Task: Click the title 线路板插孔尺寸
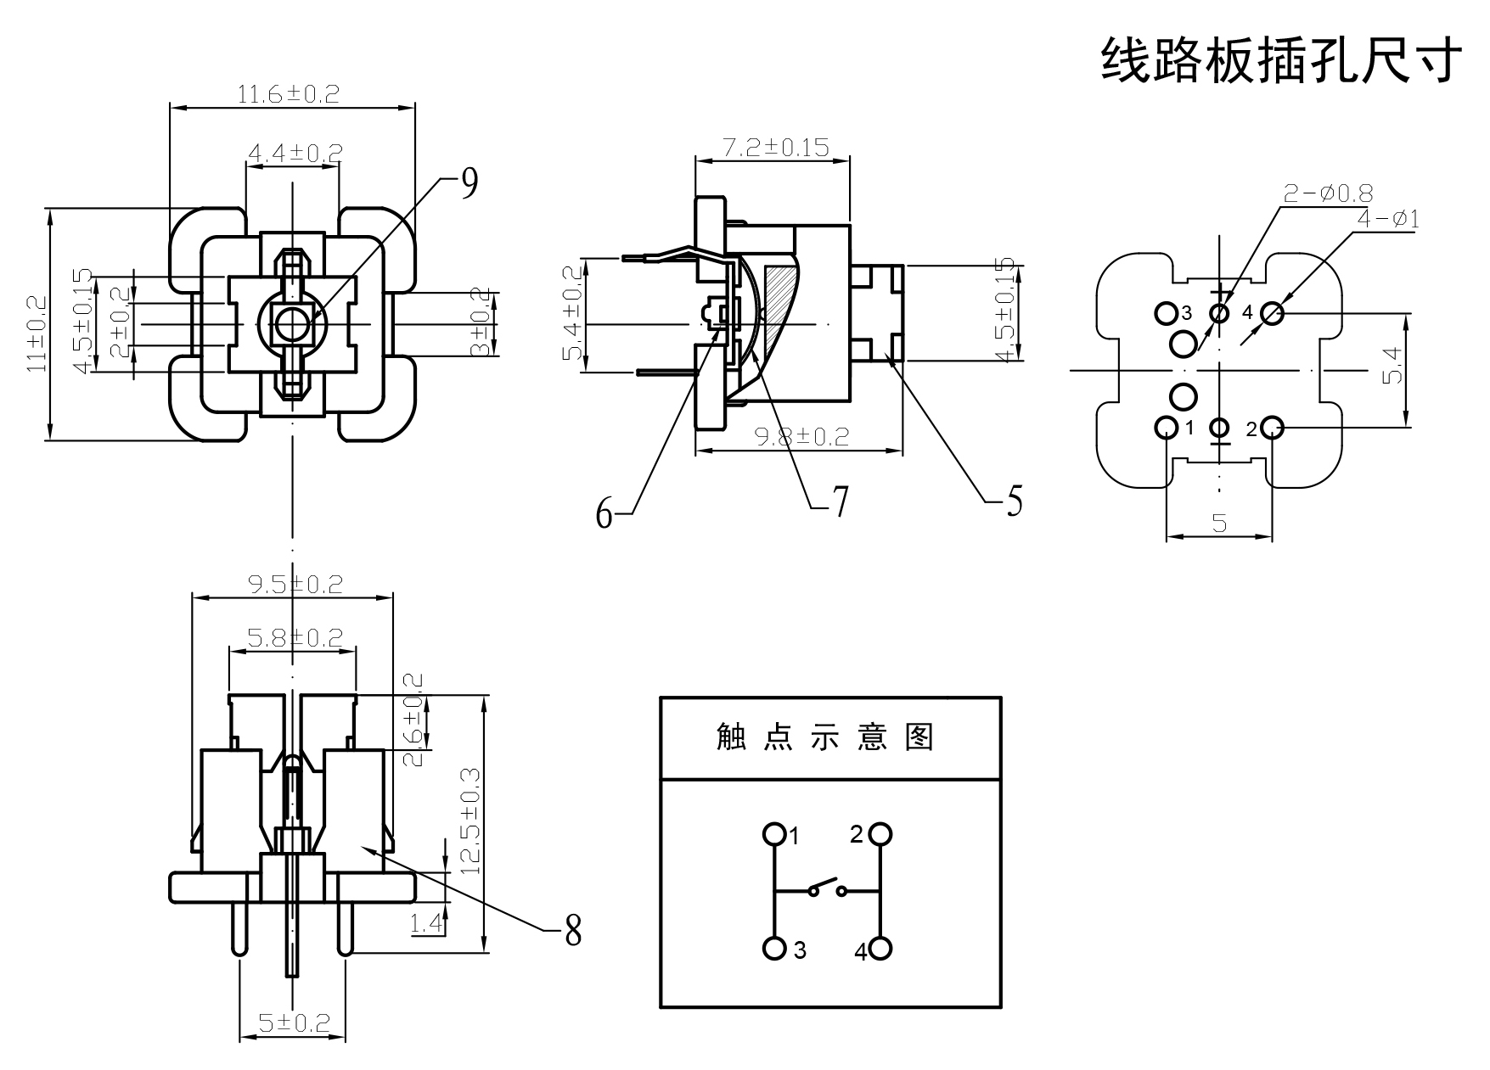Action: (1281, 60)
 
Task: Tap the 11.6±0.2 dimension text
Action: (288, 93)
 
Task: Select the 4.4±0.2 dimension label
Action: (295, 154)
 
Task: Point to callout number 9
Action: (469, 183)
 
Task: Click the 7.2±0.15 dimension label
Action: (774, 147)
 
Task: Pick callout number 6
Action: (604, 513)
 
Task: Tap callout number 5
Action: (1014, 501)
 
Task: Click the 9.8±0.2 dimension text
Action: (801, 436)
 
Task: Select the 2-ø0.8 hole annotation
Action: (1328, 193)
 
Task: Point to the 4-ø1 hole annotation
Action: (1388, 219)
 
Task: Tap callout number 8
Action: (573, 931)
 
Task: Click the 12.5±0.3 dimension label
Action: (470, 821)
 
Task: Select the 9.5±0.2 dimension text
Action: (295, 585)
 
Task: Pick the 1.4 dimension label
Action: (427, 923)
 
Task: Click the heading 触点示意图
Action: (825, 737)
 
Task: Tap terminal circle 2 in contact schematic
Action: (880, 834)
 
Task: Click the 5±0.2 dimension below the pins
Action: (294, 1023)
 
